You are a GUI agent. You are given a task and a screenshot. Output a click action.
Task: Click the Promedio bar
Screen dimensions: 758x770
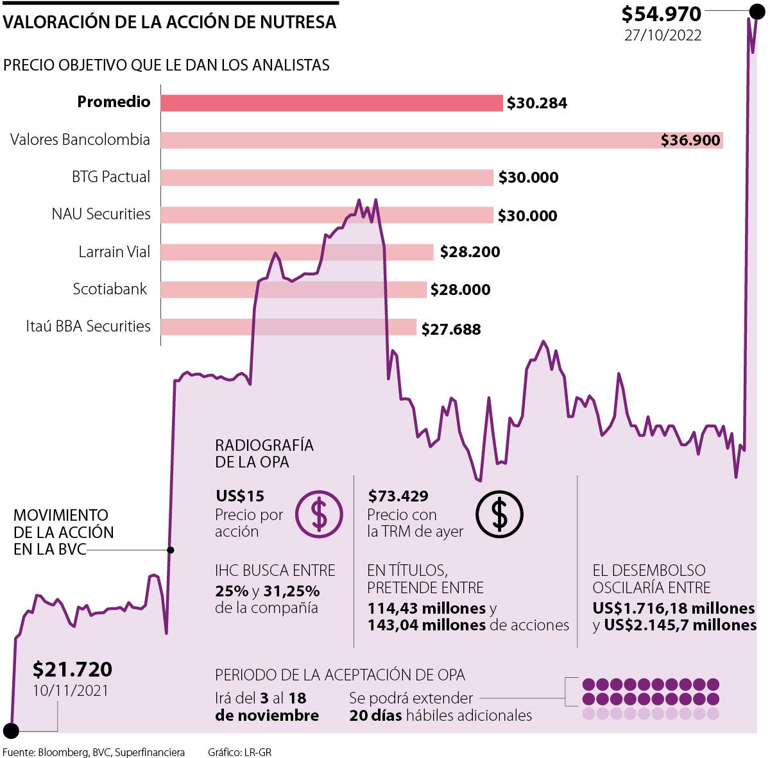pyautogui.click(x=331, y=103)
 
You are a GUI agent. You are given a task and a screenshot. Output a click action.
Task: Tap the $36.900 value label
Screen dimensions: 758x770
pyautogui.click(x=690, y=140)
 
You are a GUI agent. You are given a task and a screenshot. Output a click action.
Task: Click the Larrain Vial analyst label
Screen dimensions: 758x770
pyautogui.click(x=114, y=251)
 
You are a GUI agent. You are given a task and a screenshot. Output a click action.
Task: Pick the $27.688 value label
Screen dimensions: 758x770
pyautogui.click(x=451, y=329)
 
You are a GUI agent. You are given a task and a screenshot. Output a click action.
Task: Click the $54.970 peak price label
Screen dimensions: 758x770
pyautogui.click(x=661, y=13)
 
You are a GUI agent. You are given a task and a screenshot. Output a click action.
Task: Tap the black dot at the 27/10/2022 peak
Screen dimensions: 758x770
pyautogui.click(x=757, y=11)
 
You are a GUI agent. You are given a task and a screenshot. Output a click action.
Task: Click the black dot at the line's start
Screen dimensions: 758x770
pyautogui.click(x=11, y=730)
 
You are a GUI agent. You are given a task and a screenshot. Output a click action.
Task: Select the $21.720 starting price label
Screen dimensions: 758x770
pyautogui.click(x=73, y=669)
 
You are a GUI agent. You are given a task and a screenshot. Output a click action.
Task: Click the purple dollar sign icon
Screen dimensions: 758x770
pyautogui.click(x=319, y=514)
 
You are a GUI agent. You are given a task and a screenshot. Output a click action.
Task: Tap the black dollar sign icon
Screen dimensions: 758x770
pyautogui.click(x=499, y=514)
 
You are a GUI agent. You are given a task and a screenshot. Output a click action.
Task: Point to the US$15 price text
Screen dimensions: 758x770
pyautogui.click(x=240, y=496)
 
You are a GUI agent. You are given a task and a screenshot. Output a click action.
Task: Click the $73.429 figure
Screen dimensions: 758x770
pyautogui.click(x=398, y=496)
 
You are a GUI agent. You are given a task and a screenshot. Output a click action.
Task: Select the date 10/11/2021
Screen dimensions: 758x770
pyautogui.click(x=71, y=691)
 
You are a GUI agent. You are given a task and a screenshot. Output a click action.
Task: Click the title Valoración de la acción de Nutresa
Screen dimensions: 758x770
pyautogui.click(x=169, y=22)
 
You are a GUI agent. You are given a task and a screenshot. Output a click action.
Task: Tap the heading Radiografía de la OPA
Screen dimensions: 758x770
pyautogui.click(x=264, y=453)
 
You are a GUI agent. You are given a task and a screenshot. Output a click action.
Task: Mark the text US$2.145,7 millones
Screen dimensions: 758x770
pyautogui.click(x=680, y=625)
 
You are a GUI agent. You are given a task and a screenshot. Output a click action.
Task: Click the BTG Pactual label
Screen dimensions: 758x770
pyautogui.click(x=111, y=177)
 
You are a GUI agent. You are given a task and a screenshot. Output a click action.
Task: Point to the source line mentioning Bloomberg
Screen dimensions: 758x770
pyautogui.click(x=94, y=752)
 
